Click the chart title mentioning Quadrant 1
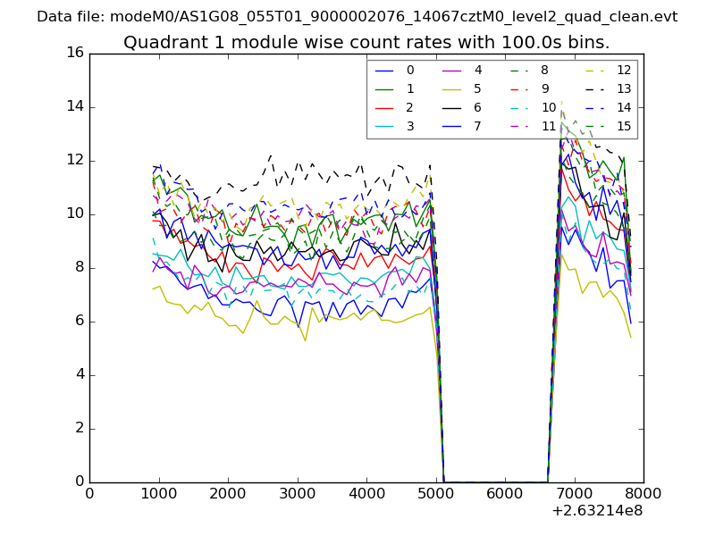[x=366, y=42]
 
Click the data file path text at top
[x=357, y=17]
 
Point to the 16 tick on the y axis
[x=74, y=54]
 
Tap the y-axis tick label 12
[x=74, y=161]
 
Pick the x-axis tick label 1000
[x=159, y=495]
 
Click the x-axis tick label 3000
[x=298, y=495]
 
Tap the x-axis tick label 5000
[x=436, y=495]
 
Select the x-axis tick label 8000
[x=643, y=495]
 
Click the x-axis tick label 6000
[x=505, y=495]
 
